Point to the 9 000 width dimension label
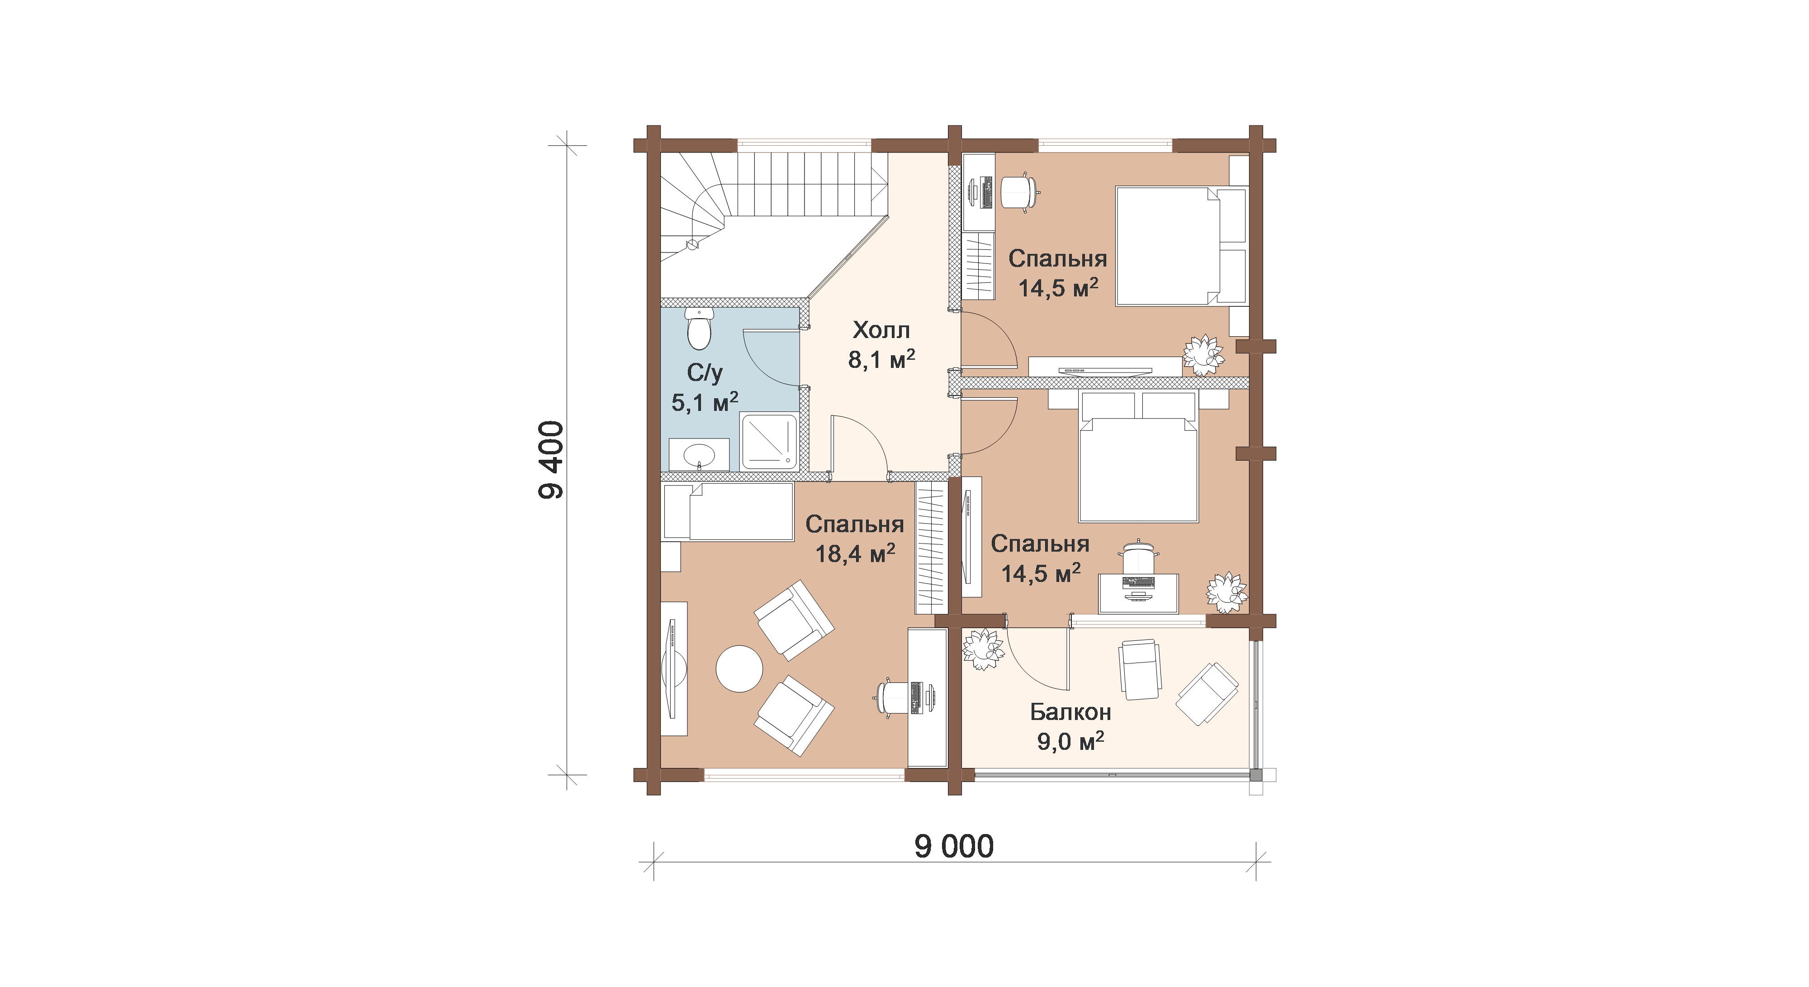click(954, 847)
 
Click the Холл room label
click(881, 330)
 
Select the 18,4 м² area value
click(855, 553)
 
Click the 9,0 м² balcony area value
click(1070, 741)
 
